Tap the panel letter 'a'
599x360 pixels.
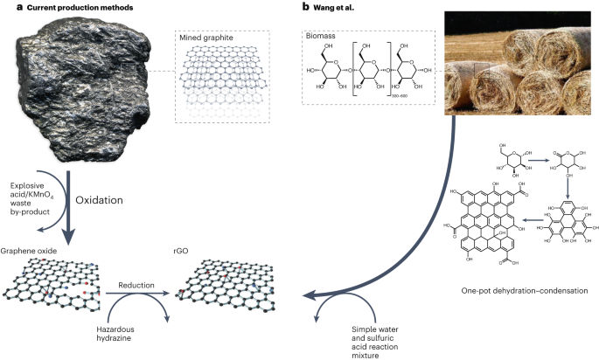click(5, 7)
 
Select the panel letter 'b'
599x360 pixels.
click(305, 7)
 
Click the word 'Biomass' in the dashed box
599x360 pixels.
click(323, 38)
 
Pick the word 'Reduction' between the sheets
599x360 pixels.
click(137, 286)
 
